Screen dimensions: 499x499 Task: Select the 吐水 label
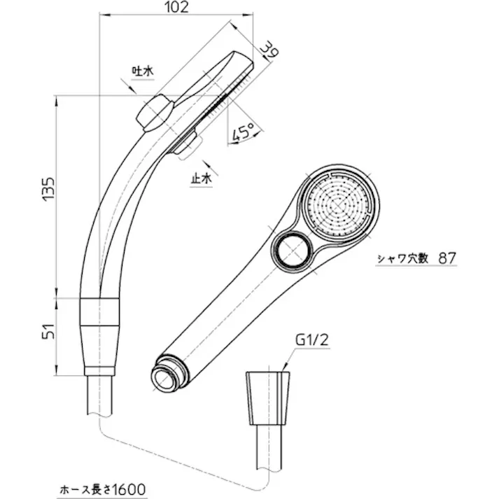[x=141, y=71]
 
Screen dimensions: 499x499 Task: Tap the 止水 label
[x=201, y=178]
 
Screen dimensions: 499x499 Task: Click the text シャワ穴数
[x=405, y=258]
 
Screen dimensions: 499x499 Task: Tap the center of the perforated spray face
[x=339, y=204]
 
